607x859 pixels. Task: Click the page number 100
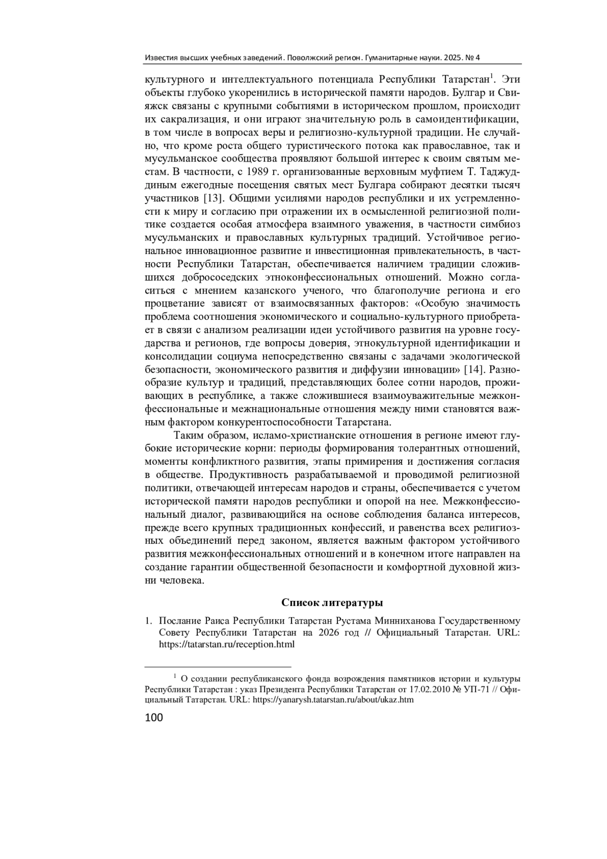(154, 718)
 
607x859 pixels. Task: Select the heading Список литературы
(332, 602)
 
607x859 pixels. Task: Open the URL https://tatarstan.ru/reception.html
(227, 644)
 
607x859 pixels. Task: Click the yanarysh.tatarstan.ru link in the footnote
(333, 700)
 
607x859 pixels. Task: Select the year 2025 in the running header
(453, 58)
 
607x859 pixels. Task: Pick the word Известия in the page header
(160, 58)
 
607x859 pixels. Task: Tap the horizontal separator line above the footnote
(218, 667)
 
